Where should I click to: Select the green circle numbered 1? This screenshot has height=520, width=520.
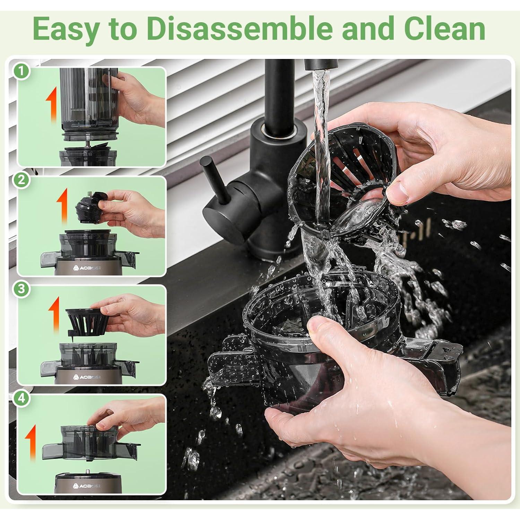[22, 71]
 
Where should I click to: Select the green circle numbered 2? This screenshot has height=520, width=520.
[22, 180]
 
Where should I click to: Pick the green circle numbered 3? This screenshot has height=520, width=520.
[22, 289]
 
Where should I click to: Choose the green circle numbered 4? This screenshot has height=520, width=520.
[22, 398]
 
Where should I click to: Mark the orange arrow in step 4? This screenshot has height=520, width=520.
[32, 442]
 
